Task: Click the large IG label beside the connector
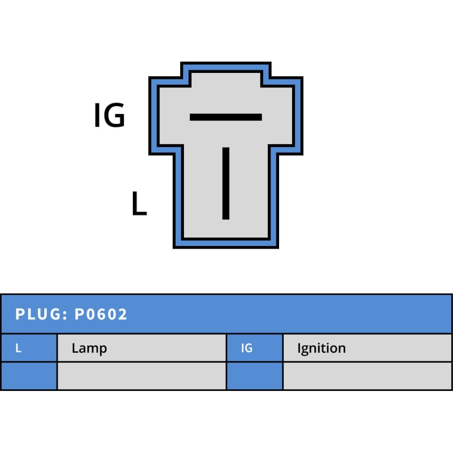pos(110,115)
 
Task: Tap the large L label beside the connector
pos(139,203)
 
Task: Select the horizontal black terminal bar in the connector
pos(226,117)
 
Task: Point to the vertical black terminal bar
pos(226,183)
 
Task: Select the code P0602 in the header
pos(101,314)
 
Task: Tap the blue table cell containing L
pos(29,348)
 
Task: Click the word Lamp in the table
pos(89,348)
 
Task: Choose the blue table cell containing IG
pos(255,348)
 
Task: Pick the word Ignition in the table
pos(322,348)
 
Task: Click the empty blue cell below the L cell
pos(29,376)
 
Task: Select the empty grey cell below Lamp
pos(141,376)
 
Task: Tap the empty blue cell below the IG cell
pos(255,376)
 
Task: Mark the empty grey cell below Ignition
pos(367,376)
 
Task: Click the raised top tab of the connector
pos(226,78)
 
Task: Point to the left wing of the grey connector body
pos(171,116)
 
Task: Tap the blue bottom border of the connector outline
pos(226,243)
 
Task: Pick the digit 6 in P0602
pos(101,314)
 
